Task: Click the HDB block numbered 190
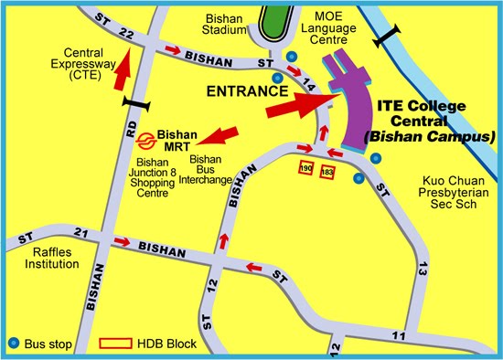click(x=306, y=169)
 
